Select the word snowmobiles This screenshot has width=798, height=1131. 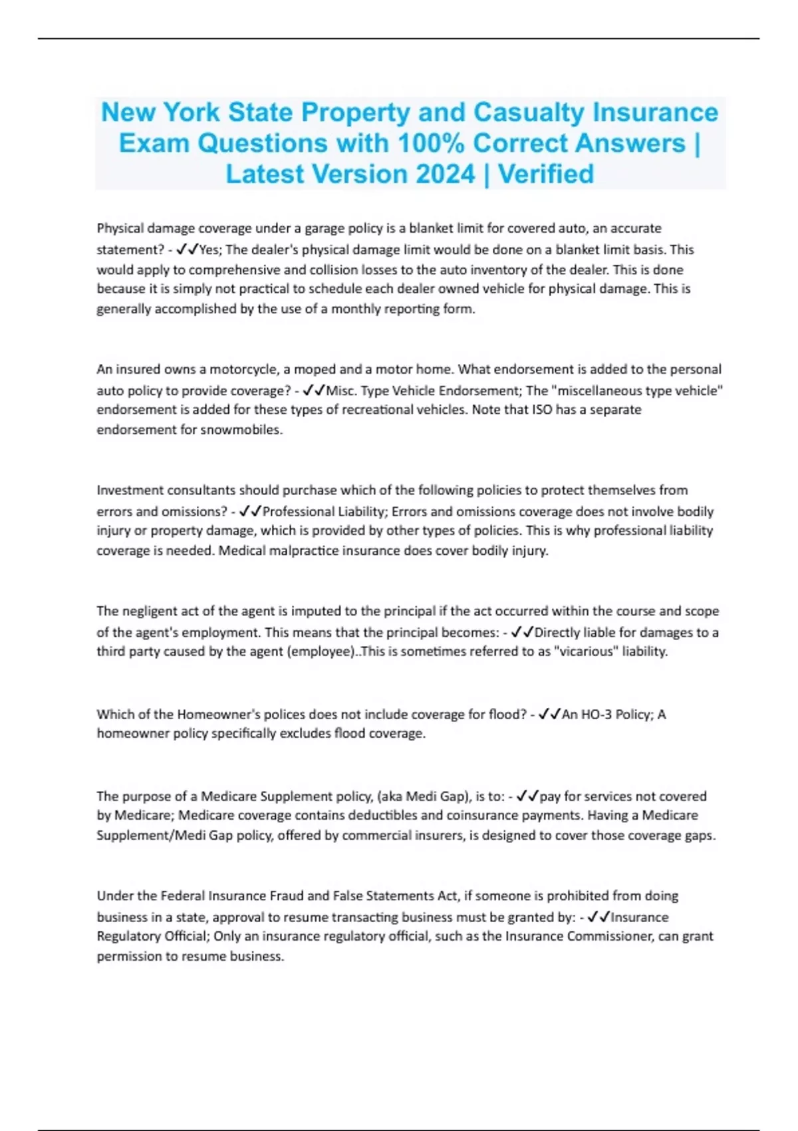tap(243, 430)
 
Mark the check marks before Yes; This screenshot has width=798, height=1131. tap(188, 249)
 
